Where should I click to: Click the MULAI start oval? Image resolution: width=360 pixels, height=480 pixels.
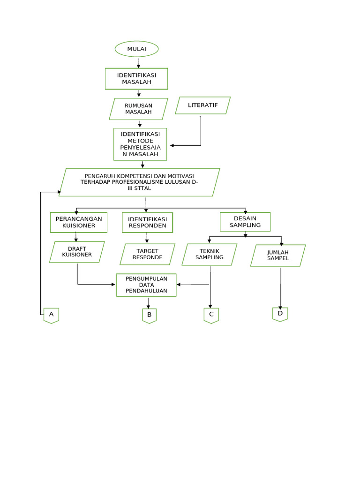(x=136, y=49)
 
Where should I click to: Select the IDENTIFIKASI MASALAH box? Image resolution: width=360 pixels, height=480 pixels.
(x=136, y=78)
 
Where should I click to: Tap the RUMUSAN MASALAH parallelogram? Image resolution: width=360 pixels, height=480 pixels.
(x=138, y=109)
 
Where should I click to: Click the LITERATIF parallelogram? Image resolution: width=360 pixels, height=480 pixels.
(x=202, y=105)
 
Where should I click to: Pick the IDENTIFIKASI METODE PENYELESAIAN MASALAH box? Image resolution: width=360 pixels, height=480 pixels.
(x=140, y=144)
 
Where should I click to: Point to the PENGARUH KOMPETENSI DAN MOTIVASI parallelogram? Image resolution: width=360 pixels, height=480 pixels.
(x=139, y=182)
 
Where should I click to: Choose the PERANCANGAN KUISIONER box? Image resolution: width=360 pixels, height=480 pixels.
(x=79, y=222)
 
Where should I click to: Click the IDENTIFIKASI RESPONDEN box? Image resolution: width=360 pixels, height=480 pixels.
(x=147, y=222)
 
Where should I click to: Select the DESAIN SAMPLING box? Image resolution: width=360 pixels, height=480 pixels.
(x=245, y=222)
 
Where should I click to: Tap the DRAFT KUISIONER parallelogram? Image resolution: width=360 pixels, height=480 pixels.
(x=77, y=252)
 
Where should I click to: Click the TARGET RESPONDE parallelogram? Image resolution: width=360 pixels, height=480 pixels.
(x=147, y=254)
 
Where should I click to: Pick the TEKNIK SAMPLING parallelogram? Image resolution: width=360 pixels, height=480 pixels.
(x=210, y=255)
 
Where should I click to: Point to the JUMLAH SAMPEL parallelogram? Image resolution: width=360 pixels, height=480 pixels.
(x=278, y=255)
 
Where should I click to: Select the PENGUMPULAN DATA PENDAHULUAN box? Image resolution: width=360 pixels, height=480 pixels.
(x=146, y=285)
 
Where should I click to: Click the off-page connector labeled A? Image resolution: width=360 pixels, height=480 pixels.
(x=51, y=315)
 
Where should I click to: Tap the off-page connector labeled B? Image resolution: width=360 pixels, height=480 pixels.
(x=149, y=315)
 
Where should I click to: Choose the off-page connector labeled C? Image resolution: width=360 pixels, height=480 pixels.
(x=211, y=315)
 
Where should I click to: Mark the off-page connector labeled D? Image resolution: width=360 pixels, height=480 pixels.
(x=280, y=314)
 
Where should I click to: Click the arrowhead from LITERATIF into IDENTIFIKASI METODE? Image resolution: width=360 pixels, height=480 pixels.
(x=172, y=146)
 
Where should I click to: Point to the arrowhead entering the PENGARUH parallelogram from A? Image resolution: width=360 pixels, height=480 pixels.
(x=59, y=192)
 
